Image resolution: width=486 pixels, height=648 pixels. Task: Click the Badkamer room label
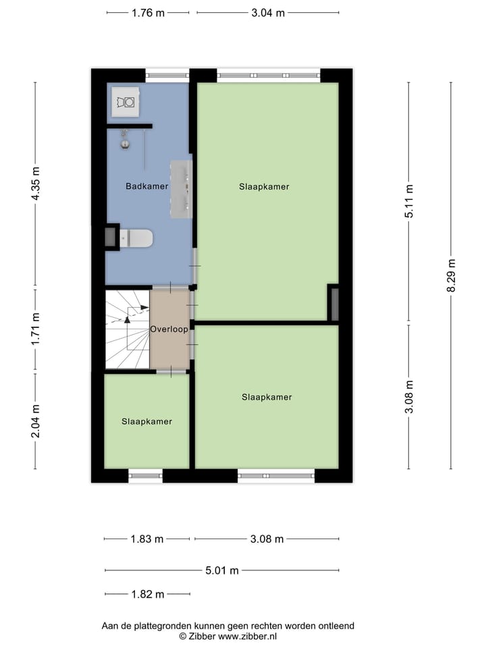146,186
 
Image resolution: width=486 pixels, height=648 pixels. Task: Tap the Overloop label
169,329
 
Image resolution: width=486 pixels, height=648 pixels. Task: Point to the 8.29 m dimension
452,275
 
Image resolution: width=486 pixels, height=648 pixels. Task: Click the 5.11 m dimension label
408,201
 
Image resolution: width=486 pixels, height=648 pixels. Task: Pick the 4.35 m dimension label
35,183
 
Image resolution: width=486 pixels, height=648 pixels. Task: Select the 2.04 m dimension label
35,421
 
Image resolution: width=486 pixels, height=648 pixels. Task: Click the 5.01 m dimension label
222,570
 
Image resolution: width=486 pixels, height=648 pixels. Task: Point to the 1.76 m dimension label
148,12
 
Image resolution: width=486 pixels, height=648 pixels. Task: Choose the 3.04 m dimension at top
268,12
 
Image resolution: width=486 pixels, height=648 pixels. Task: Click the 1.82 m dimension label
147,595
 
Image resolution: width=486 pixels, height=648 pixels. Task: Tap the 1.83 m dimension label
147,539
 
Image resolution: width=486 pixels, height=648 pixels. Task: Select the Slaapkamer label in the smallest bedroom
146,421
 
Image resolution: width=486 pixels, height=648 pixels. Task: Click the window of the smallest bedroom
145,476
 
